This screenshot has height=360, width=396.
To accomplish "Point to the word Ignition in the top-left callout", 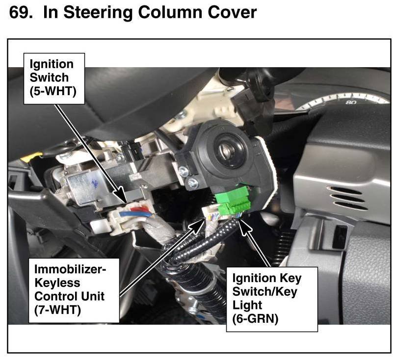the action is coord(52,64).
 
